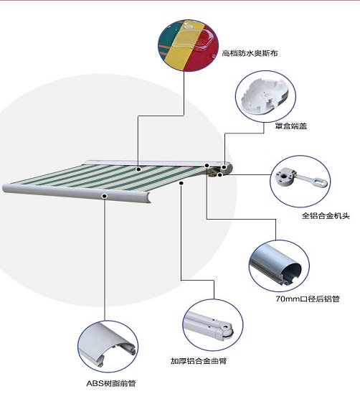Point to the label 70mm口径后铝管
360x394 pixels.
[308, 298]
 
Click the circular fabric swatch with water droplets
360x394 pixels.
[186, 42]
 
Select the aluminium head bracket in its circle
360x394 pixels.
[297, 179]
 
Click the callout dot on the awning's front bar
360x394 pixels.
[105, 195]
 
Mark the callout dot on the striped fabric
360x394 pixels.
[139, 169]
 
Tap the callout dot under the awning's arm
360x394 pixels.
[182, 183]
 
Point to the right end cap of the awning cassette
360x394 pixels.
[226, 169]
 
